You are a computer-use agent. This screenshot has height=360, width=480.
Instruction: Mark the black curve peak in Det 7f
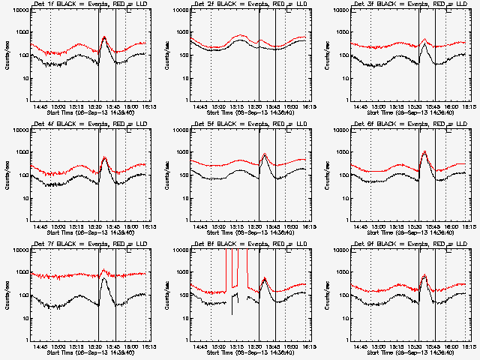point(103,279)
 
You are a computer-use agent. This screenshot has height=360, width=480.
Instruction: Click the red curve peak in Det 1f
point(103,36)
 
